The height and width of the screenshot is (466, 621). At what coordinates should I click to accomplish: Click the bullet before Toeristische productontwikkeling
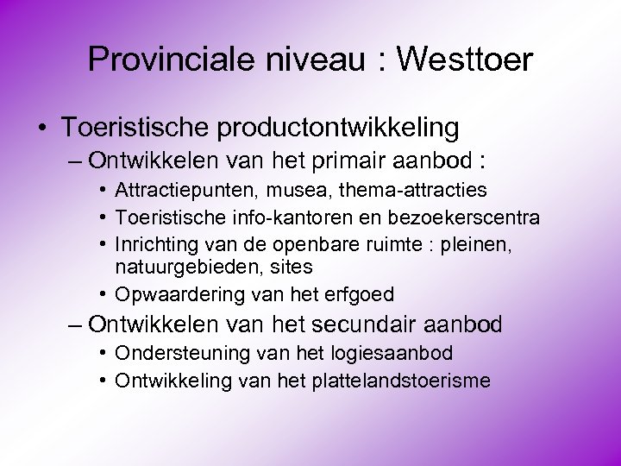click(41, 129)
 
